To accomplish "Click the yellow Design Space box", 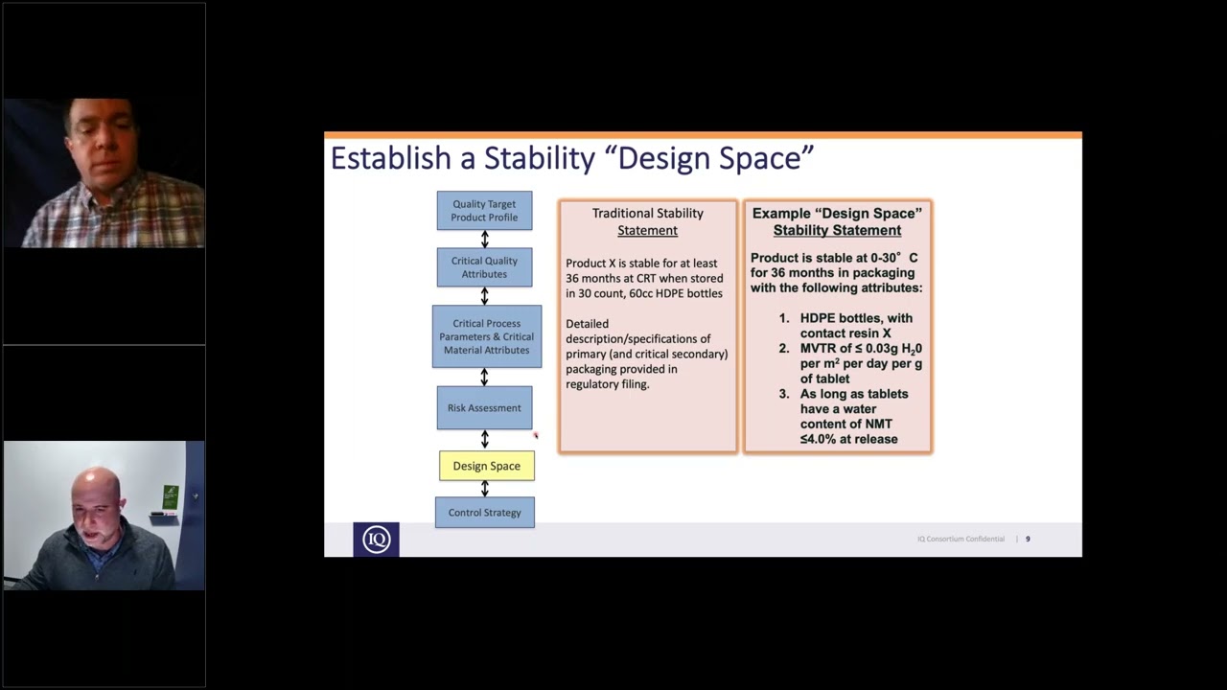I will (486, 466).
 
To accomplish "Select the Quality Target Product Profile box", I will (484, 211).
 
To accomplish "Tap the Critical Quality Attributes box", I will (484, 267).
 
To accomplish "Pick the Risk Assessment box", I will (484, 408).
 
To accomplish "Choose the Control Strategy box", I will (484, 513).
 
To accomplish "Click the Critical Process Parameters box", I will (486, 336).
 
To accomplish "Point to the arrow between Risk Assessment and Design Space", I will (484, 439).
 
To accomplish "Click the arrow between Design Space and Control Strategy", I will (484, 488).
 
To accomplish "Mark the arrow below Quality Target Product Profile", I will (484, 239).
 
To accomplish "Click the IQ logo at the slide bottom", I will (376, 540).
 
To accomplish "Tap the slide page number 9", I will (1028, 540).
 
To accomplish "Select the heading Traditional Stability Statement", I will (647, 221).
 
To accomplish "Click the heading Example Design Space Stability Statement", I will (837, 221).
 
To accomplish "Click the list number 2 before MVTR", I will (783, 349).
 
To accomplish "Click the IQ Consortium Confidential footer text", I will (961, 540).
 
